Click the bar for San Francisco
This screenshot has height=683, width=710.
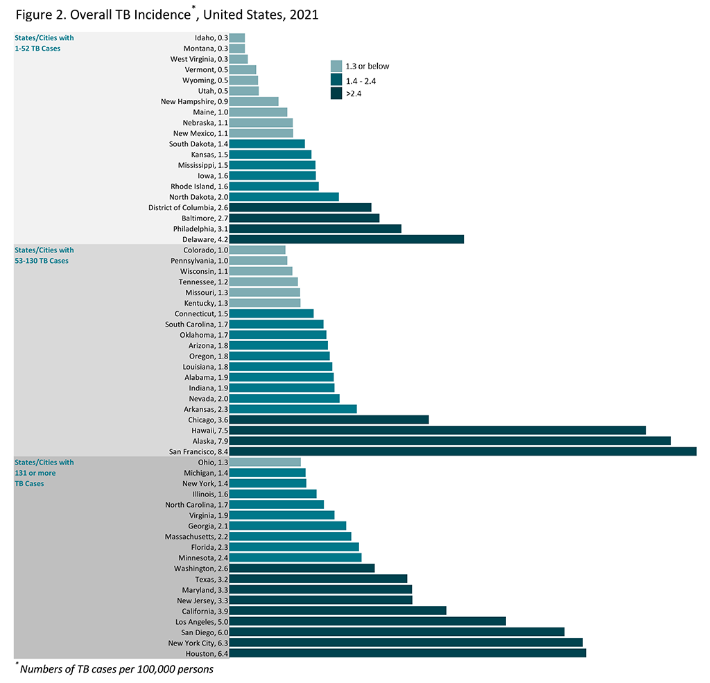462,451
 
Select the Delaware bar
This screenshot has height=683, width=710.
346,239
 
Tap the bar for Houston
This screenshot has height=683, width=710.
407,653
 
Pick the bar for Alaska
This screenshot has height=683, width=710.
449,441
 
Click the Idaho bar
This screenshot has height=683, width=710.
236,38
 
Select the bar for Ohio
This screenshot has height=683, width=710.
264,462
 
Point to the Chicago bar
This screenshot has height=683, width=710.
329,420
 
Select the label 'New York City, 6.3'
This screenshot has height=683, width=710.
196,643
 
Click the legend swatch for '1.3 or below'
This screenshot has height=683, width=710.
336,67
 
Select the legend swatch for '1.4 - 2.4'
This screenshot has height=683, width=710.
336,80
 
